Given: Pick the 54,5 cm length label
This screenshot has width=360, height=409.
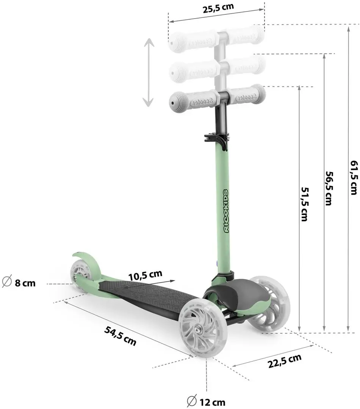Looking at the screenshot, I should [120, 335].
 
